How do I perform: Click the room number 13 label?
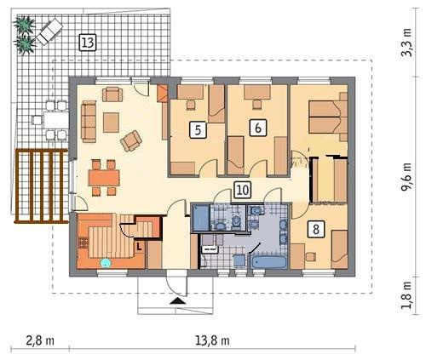(x=88, y=43)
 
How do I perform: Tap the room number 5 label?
(x=198, y=129)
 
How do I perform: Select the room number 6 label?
(x=258, y=128)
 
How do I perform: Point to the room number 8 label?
(x=316, y=229)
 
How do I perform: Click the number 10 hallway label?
(x=242, y=190)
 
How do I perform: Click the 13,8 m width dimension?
(x=212, y=340)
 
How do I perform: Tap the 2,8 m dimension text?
(x=40, y=340)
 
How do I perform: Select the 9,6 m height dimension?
(x=406, y=177)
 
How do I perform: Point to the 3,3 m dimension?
(x=406, y=43)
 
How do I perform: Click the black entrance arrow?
(x=178, y=301)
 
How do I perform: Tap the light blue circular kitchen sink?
(x=106, y=263)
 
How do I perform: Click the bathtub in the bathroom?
(x=268, y=262)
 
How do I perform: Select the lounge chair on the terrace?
(x=49, y=31)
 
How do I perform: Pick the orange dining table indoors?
(x=104, y=178)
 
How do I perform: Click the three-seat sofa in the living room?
(x=89, y=122)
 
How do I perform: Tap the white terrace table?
(x=56, y=120)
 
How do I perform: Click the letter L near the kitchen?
(x=139, y=246)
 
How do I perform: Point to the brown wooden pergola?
(x=41, y=186)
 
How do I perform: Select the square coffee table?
(x=111, y=123)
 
